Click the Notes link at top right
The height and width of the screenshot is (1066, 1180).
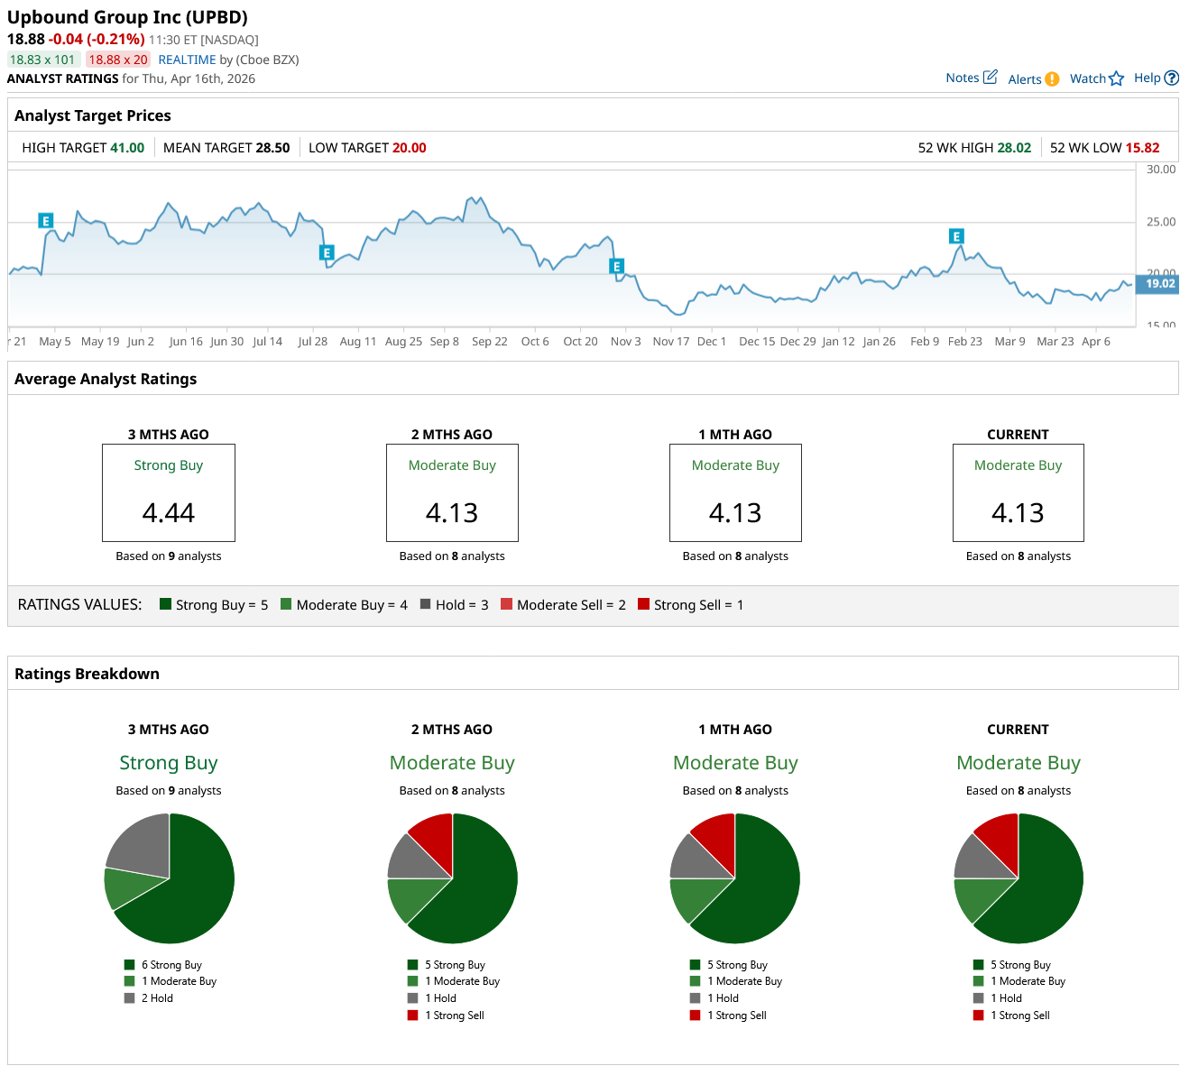pyautogui.click(x=971, y=78)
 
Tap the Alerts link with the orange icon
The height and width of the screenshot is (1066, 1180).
pyautogui.click(x=1032, y=79)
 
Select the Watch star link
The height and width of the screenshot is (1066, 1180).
pyautogui.click(x=1096, y=78)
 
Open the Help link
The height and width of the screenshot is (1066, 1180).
pyautogui.click(x=1155, y=78)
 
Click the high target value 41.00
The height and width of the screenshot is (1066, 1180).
pyautogui.click(x=127, y=148)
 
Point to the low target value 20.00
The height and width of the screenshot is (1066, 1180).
pyautogui.click(x=409, y=148)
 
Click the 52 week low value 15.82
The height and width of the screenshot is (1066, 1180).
pyautogui.click(x=1142, y=148)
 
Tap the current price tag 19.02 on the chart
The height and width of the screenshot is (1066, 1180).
pyautogui.click(x=1158, y=283)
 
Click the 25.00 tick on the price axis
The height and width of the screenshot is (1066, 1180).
pyautogui.click(x=1161, y=222)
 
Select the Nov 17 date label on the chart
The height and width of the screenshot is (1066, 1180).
pyautogui.click(x=670, y=342)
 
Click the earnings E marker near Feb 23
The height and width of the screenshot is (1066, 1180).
pyautogui.click(x=956, y=236)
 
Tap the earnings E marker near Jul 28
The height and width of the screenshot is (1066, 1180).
pyautogui.click(x=327, y=253)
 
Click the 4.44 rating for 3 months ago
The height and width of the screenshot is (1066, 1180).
pyautogui.click(x=169, y=513)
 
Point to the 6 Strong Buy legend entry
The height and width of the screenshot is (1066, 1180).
pyautogui.click(x=171, y=965)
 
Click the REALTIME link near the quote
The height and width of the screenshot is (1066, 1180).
pyautogui.click(x=187, y=60)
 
